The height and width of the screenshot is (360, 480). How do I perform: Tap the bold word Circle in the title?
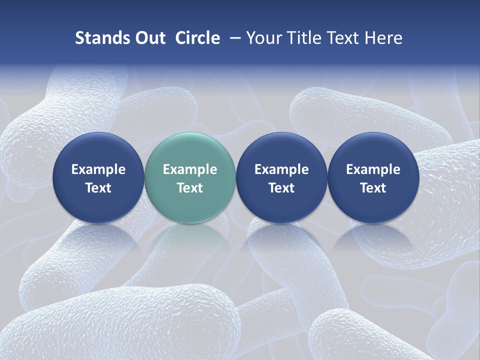(197, 38)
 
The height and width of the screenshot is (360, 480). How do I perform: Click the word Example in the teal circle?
(190, 169)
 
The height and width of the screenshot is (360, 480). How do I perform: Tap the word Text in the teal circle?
(190, 188)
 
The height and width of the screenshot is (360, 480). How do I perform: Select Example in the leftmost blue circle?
(98, 169)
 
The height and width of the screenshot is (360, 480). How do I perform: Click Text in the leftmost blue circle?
(98, 188)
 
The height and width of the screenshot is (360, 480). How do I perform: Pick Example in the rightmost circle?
(373, 169)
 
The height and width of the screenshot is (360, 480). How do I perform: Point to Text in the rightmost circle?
(373, 188)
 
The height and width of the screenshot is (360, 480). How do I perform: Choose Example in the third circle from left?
(281, 169)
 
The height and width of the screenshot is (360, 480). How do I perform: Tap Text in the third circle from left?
(281, 188)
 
